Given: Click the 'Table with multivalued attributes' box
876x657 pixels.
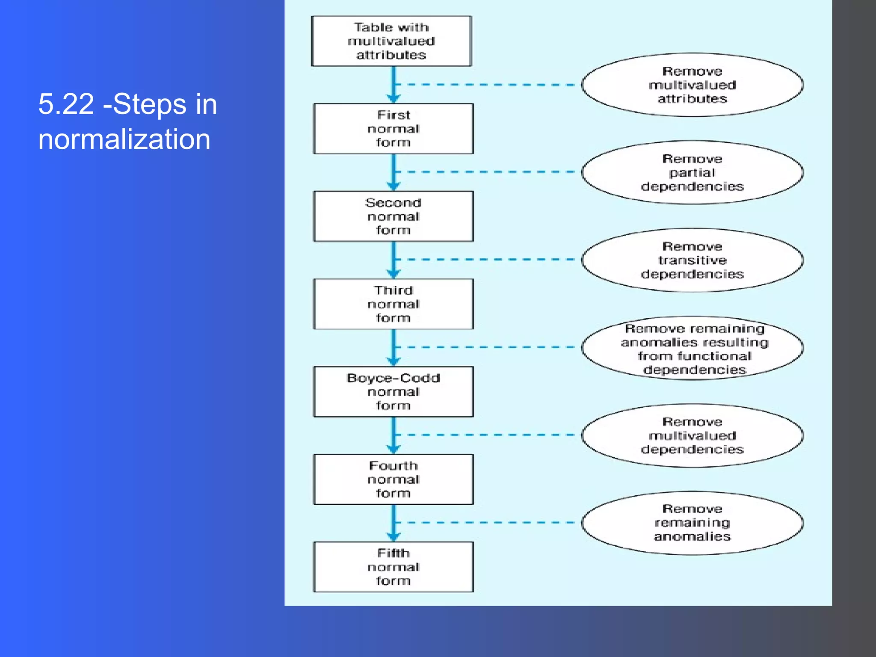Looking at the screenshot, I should [391, 41].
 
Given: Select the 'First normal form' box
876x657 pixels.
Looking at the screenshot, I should [393, 129].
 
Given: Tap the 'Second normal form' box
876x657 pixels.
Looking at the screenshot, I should [393, 216].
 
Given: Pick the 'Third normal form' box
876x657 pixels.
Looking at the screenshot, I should [393, 304].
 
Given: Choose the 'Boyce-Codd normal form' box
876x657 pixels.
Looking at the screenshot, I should [393, 392].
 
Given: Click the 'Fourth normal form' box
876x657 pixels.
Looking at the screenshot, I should [393, 479].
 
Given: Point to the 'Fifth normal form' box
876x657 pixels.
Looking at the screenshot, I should [393, 567].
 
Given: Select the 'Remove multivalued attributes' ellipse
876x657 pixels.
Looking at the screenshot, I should [692, 85].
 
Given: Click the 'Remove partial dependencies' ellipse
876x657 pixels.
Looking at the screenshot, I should [692, 172].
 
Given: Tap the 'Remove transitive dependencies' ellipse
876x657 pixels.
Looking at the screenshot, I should [692, 260].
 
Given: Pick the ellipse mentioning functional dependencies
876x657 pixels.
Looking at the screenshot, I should [692, 348].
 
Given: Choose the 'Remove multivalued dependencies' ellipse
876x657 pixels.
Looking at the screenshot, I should [692, 435].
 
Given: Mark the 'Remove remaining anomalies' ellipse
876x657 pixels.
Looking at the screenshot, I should [692, 523].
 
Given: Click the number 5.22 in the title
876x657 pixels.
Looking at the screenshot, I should [66, 104].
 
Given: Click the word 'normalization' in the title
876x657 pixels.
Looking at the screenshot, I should [124, 139].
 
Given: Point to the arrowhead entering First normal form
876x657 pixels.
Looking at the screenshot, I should [394, 98].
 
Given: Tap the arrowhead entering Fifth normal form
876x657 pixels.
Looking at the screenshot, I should [394, 537].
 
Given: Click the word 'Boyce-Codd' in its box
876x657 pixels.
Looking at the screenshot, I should [393, 378].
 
